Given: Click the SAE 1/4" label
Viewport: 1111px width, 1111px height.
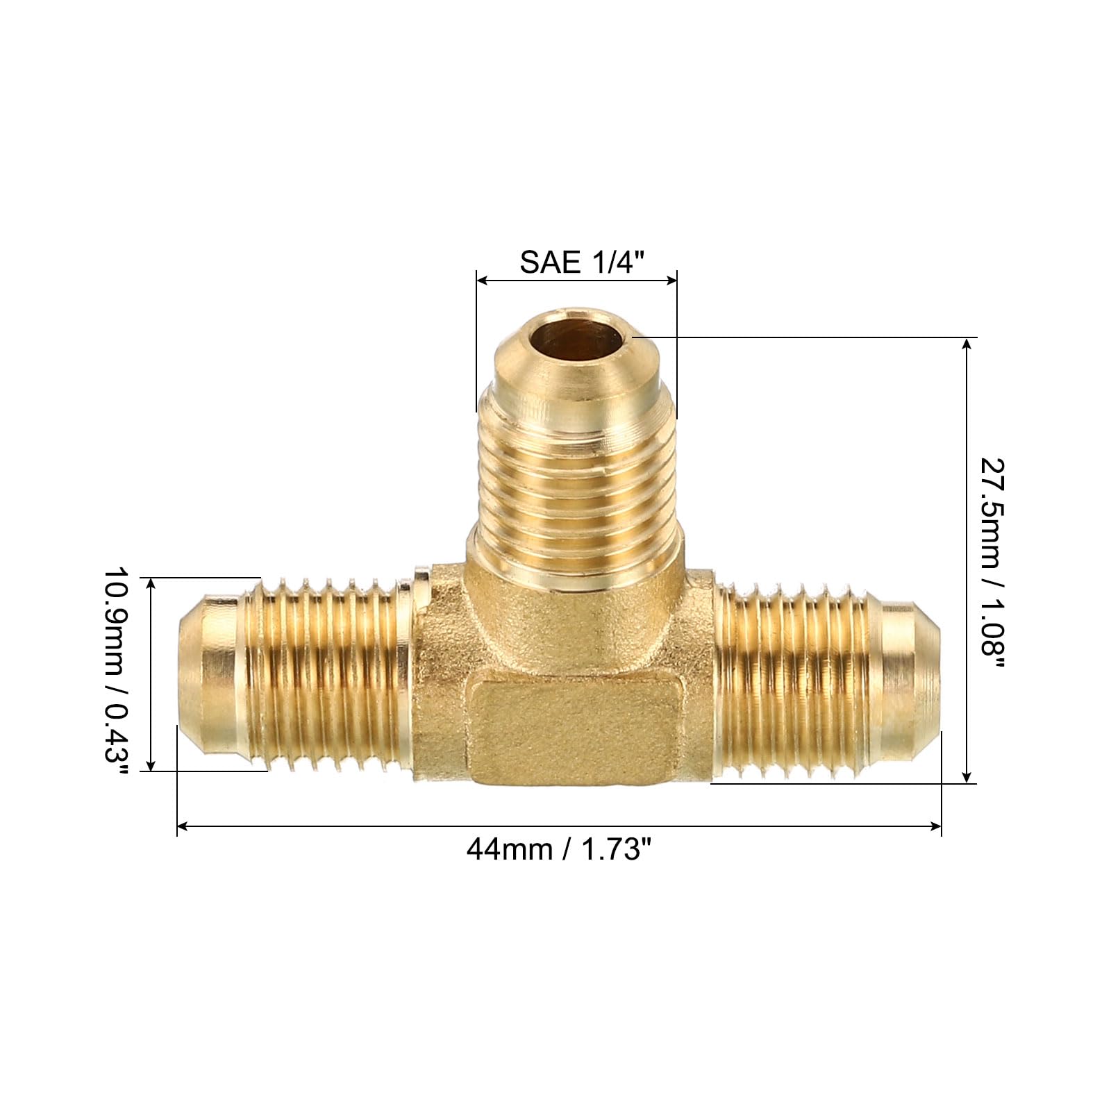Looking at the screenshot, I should [x=582, y=262].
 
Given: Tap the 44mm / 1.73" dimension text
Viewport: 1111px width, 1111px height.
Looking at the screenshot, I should [x=559, y=849].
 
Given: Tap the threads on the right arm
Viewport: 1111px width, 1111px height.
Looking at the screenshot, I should [x=792, y=680].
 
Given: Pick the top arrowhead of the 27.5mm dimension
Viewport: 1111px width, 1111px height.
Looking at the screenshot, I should [x=967, y=342].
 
